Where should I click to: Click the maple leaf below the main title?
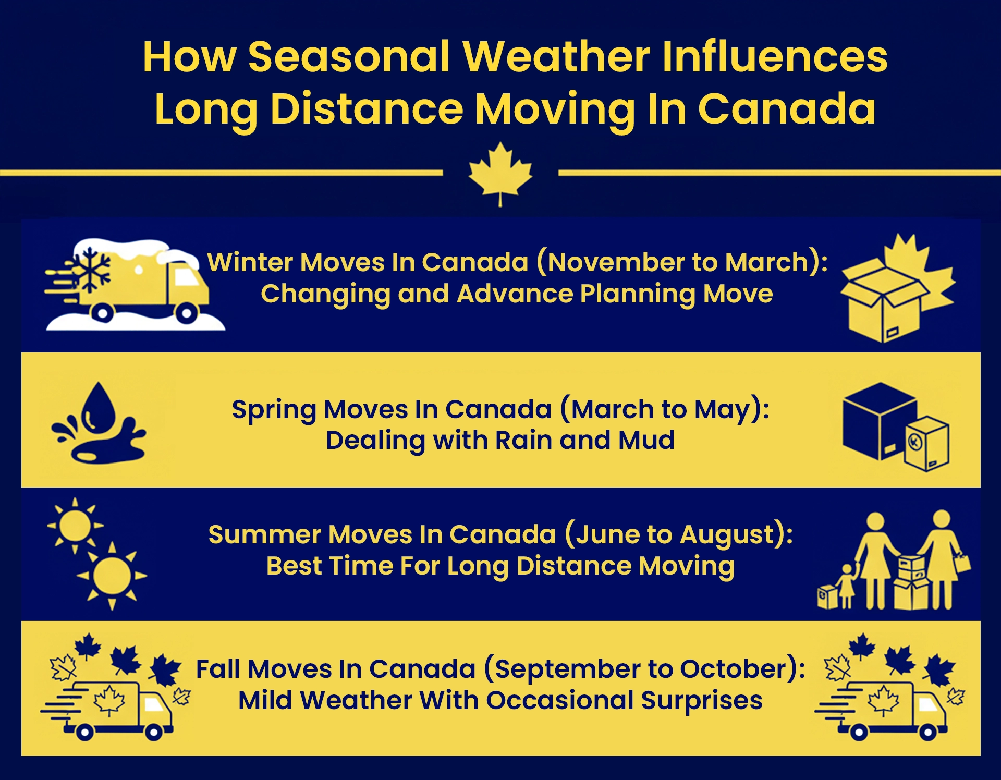point(500,172)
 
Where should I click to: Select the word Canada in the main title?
point(787,109)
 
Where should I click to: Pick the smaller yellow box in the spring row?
point(927,444)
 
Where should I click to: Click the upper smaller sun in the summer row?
point(75,526)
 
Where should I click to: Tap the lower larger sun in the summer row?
point(112,576)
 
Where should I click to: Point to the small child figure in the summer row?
point(846,586)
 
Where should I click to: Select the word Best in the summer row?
point(292,566)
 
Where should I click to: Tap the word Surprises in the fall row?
point(702,700)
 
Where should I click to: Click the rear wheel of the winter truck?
point(103,312)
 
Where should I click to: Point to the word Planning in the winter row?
point(638,294)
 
